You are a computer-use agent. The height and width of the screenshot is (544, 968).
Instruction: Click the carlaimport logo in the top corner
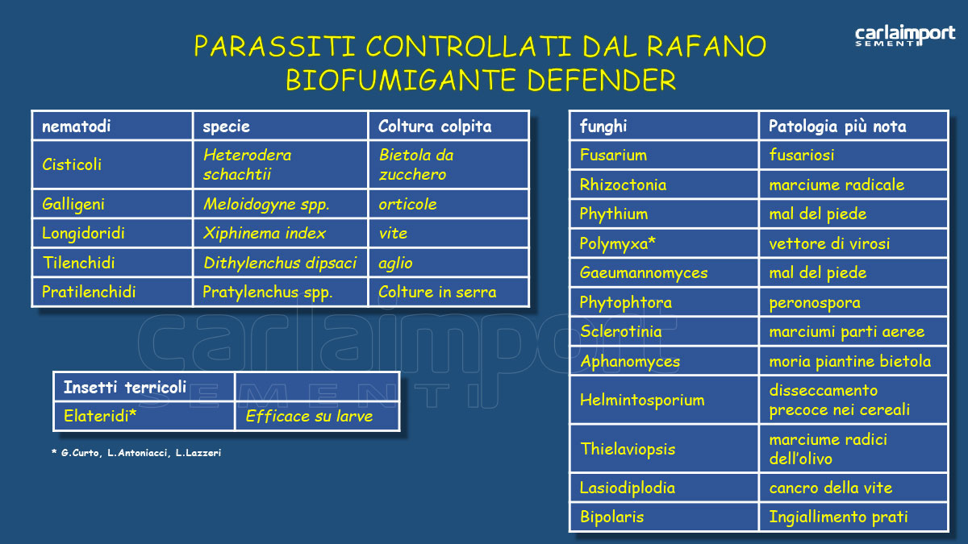pos(904,36)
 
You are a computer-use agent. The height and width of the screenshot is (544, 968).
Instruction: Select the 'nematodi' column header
pos(76,127)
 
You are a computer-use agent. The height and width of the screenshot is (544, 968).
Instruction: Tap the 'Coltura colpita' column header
pos(435,127)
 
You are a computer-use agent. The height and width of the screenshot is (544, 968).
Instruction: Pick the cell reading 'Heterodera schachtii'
pos(247,164)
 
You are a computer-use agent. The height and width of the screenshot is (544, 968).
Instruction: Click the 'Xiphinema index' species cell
pos(265,234)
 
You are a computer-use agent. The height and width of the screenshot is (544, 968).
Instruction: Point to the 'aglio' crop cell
pos(395,263)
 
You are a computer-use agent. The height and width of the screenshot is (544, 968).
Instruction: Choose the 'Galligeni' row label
pos(73,205)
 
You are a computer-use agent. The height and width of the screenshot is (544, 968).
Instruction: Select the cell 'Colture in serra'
pos(437,292)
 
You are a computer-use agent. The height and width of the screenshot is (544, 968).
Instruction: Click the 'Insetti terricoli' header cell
pos(125,388)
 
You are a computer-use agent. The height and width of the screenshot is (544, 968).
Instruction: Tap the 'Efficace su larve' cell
pos(309,417)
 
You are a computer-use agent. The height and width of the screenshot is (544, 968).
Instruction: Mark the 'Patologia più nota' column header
pos(837,127)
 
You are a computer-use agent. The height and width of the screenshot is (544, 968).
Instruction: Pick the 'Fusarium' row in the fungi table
pos(613,156)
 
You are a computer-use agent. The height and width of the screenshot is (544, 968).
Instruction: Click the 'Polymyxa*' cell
pos(618,243)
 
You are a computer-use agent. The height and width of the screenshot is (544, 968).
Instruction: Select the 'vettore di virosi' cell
pos(829,243)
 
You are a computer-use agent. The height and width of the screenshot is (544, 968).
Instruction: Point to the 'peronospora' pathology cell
pos(815,303)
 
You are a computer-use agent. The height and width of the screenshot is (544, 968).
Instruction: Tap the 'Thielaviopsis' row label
pos(628,449)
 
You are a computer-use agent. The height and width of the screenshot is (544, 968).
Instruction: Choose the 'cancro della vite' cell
pos(831,488)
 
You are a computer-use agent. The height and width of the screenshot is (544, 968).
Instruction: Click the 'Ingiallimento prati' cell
pos(839,517)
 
